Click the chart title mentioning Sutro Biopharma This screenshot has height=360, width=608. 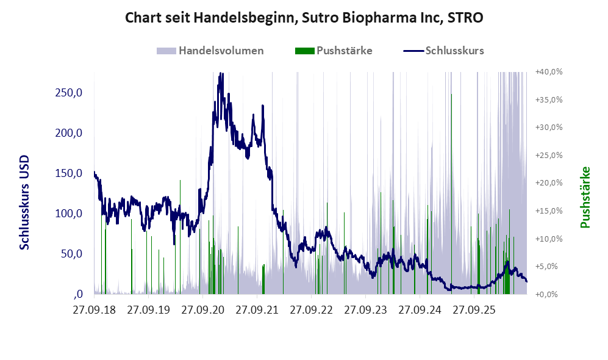pos(304,18)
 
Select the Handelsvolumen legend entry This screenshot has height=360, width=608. pos(210,51)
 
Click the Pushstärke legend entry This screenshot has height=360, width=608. pos(334,51)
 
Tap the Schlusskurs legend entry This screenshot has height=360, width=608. pos(443,51)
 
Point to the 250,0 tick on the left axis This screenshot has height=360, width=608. pos(69,93)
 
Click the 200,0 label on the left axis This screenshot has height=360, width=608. pos(69,133)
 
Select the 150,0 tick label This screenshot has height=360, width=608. pos(69,173)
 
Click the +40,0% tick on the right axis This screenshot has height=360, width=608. pos(549,72)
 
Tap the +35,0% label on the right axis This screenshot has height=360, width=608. pos(549,99)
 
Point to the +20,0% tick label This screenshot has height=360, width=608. pos(549,182)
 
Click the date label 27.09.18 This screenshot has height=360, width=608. pos(95,310)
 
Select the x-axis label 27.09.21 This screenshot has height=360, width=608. pos(257,310)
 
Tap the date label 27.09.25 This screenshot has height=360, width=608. pos(474,310)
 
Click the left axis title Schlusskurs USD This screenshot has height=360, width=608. pos(24,203)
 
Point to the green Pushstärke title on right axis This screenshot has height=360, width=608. pos(585,198)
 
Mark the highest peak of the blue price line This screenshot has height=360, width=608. pos(221,73)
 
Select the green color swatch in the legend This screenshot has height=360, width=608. pos(304,51)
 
